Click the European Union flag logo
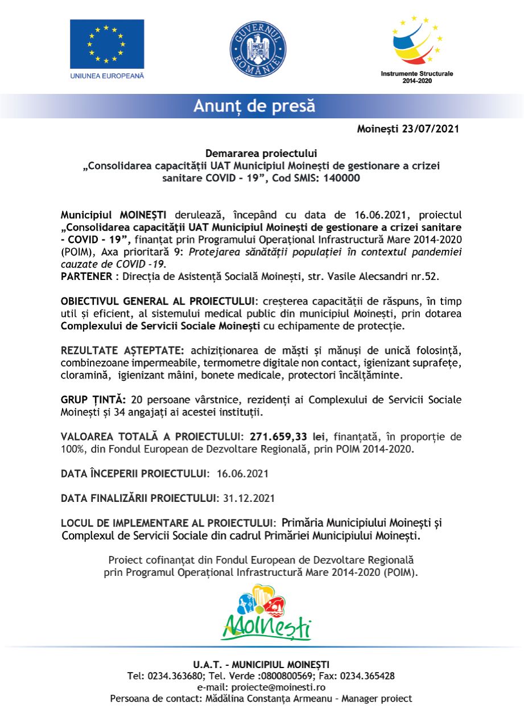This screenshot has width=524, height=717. click(x=107, y=44)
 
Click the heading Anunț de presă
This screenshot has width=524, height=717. click(x=254, y=106)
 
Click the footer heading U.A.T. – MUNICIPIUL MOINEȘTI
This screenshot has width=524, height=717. click(x=261, y=665)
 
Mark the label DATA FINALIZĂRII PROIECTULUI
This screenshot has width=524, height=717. click(x=139, y=498)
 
